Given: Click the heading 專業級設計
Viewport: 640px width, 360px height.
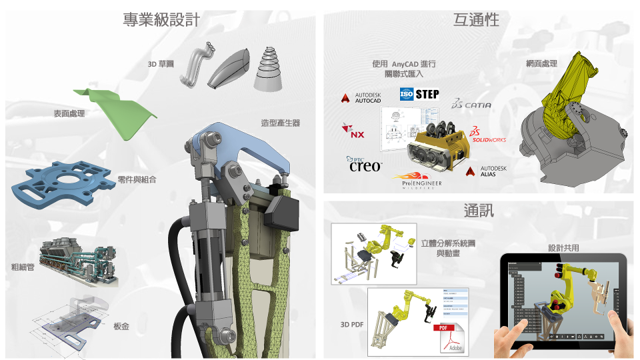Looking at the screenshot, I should (161, 19).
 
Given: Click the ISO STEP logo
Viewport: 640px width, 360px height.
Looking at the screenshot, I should (419, 94).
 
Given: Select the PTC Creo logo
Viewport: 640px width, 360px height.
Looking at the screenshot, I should (364, 164).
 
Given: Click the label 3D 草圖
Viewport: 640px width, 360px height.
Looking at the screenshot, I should (161, 64).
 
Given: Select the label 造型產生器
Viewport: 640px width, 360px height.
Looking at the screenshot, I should (281, 123).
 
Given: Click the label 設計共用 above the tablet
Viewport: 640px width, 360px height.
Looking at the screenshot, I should (563, 247).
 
